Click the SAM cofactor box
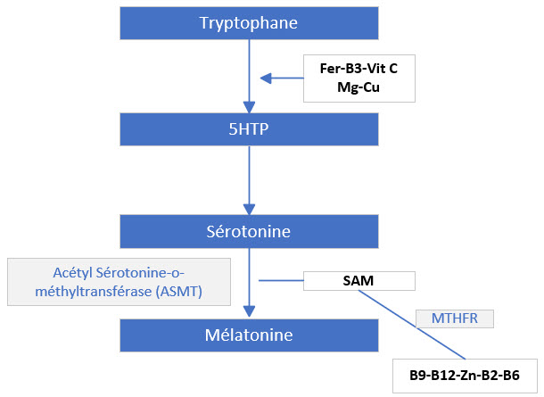pos(359,280)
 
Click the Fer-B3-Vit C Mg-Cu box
pos(359,78)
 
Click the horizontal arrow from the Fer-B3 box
pos(281,79)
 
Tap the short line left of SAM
pos(281,280)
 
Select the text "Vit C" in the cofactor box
pos(392,68)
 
